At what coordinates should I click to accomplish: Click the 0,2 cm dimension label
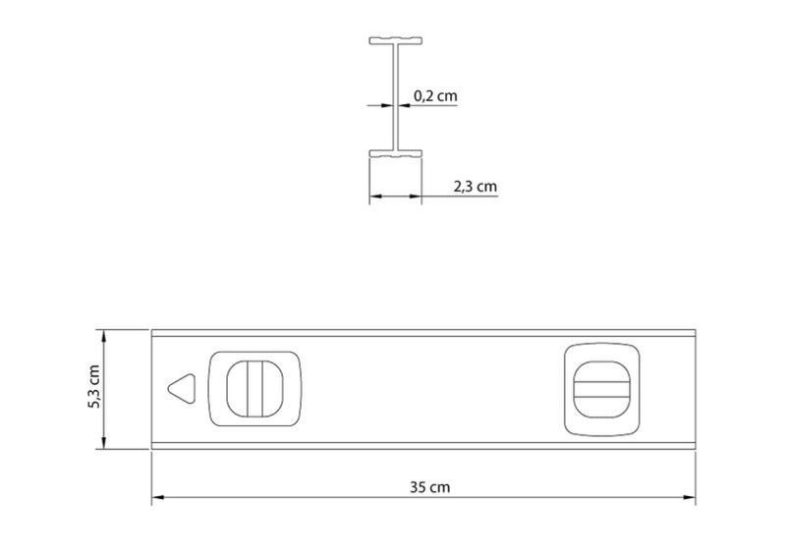click(x=435, y=95)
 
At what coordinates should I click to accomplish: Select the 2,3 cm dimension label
click(x=476, y=186)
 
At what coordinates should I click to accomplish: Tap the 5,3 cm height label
click(x=94, y=387)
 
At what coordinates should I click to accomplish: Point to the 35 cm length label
click(x=429, y=487)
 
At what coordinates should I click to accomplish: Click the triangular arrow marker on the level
click(x=183, y=388)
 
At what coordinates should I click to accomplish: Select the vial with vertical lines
click(x=254, y=389)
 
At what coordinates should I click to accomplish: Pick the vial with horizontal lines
click(x=601, y=389)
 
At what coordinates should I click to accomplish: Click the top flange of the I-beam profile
click(x=396, y=40)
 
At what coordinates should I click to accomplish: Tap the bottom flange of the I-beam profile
click(x=396, y=154)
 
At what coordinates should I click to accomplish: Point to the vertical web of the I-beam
click(x=396, y=97)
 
